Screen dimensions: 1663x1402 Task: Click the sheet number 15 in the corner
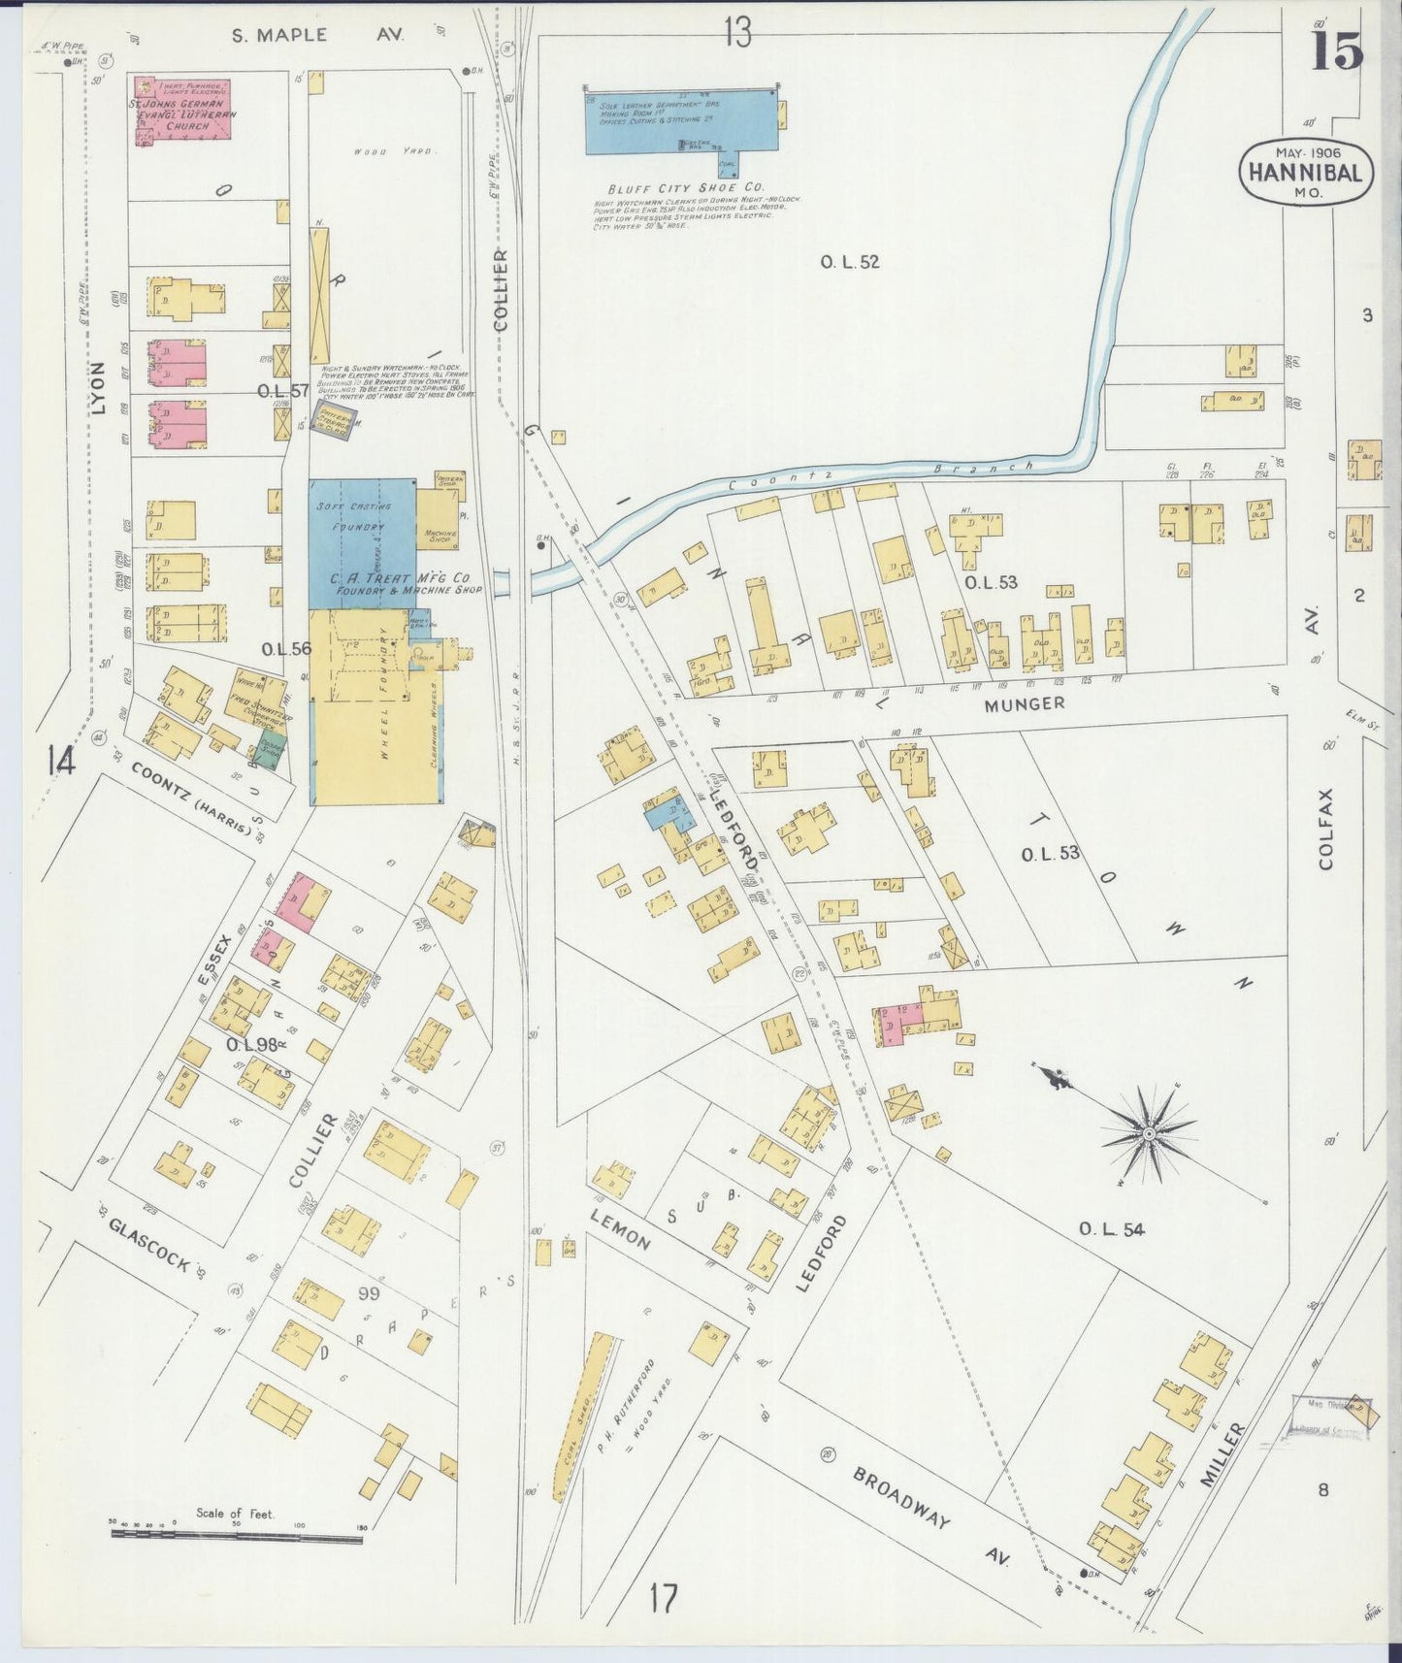[x=1338, y=50]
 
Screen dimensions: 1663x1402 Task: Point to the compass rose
[x=1149, y=1133]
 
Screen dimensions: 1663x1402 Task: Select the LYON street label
[x=98, y=388]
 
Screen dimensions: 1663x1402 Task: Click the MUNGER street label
[x=1025, y=703]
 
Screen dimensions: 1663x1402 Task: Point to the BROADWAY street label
[x=902, y=1498]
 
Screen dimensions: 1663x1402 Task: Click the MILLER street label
[x=1222, y=1454]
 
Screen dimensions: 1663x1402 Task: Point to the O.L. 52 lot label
[x=850, y=261]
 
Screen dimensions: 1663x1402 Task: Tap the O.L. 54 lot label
[x=1112, y=1229]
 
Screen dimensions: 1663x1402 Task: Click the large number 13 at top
[x=736, y=34]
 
